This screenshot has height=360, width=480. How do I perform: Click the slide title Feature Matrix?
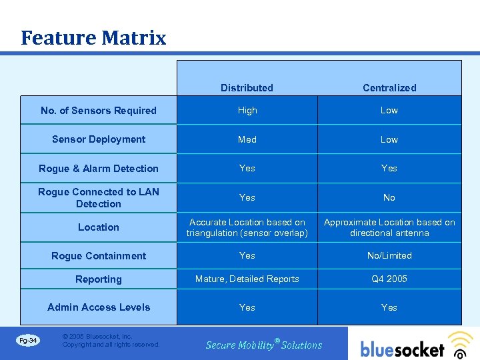tap(93, 38)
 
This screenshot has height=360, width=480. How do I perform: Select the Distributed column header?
tap(247, 88)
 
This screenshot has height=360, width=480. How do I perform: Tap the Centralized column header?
tap(389, 88)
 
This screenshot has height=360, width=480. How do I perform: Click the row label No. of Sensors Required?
tap(99, 111)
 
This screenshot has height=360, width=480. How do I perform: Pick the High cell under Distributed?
tap(247, 111)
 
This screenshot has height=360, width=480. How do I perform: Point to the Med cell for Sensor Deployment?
tap(247, 139)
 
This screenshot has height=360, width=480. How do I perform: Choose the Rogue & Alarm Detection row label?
tap(99, 169)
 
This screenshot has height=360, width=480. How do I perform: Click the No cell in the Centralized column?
tap(389, 197)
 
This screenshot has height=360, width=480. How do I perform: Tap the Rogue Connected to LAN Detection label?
tap(99, 197)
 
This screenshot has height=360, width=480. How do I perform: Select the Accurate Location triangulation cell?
tap(247, 227)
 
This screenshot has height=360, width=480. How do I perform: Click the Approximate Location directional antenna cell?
tap(389, 227)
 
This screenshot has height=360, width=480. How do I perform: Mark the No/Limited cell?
tap(389, 255)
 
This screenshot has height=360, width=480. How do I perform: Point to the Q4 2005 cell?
tap(389, 279)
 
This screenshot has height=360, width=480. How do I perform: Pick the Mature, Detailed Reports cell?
tap(247, 279)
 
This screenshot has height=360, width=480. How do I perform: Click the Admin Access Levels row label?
tap(99, 307)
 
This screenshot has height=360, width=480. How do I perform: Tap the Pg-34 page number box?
tap(29, 341)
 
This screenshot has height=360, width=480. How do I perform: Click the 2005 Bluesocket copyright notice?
tap(111, 341)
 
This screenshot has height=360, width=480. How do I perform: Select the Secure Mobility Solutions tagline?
tap(264, 345)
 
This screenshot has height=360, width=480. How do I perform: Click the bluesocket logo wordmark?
tap(403, 349)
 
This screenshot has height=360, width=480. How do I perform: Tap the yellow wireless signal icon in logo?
tap(459, 341)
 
